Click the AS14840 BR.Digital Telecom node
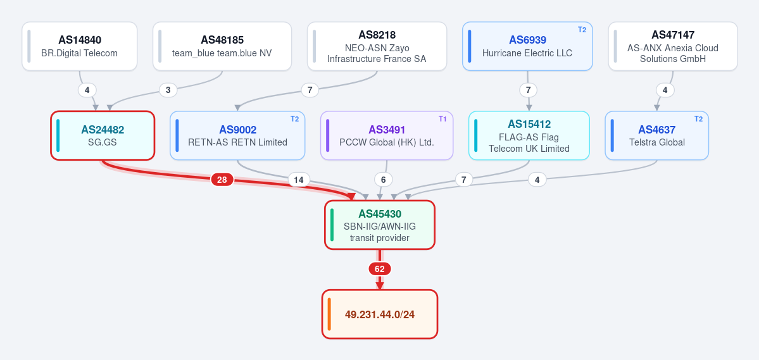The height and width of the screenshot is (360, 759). (x=79, y=46)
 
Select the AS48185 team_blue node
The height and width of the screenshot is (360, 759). (x=222, y=46)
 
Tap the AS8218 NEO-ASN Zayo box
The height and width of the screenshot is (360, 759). (x=377, y=46)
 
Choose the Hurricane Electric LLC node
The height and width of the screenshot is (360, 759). (x=527, y=46)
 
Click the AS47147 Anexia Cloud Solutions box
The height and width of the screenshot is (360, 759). (x=673, y=46)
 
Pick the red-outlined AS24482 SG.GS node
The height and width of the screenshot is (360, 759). (x=103, y=135)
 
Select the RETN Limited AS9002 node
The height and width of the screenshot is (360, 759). (x=237, y=135)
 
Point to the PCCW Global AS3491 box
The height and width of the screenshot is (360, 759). (x=387, y=135)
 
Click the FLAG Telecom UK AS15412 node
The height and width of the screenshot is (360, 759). (x=529, y=135)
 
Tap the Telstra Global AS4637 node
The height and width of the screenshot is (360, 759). (x=657, y=135)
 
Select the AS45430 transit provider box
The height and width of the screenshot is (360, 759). (x=380, y=225)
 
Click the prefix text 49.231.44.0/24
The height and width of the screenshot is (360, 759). (x=380, y=314)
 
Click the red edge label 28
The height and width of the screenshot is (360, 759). (x=222, y=180)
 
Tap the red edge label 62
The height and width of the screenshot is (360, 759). (x=380, y=269)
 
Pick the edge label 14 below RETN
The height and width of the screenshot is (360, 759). (x=299, y=180)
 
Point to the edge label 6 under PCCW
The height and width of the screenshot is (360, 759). (x=384, y=180)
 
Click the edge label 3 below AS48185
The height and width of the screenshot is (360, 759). (x=168, y=90)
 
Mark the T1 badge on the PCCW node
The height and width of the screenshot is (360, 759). (x=442, y=119)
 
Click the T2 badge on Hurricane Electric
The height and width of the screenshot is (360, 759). (x=582, y=30)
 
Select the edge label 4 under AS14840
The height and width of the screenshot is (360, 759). (x=87, y=90)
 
